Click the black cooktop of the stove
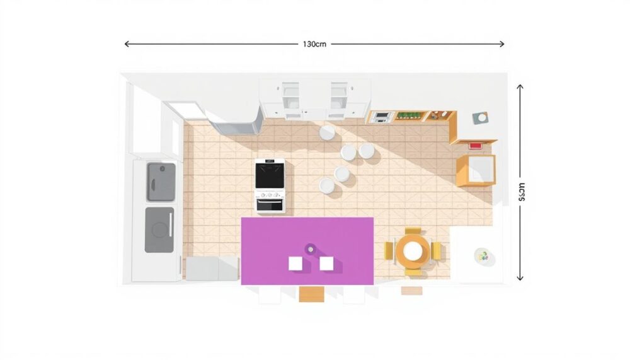pyautogui.click(x=270, y=175)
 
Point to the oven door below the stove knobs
pyautogui.click(x=270, y=204)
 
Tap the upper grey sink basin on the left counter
pyautogui.click(x=161, y=181)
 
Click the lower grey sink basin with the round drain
pyautogui.click(x=159, y=229)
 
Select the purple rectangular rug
pyautogui.click(x=307, y=250)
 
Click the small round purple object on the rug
pyautogui.click(x=311, y=249)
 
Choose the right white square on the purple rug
pyautogui.click(x=326, y=263)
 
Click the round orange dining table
pyautogui.click(x=413, y=251)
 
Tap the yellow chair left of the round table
pyautogui.click(x=389, y=251)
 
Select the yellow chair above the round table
pyautogui.click(x=413, y=231)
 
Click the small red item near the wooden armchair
pyautogui.click(x=475, y=146)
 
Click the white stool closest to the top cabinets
pyautogui.click(x=326, y=132)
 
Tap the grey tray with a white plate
pyautogui.click(x=481, y=117)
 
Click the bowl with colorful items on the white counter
pyautogui.click(x=483, y=256)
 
